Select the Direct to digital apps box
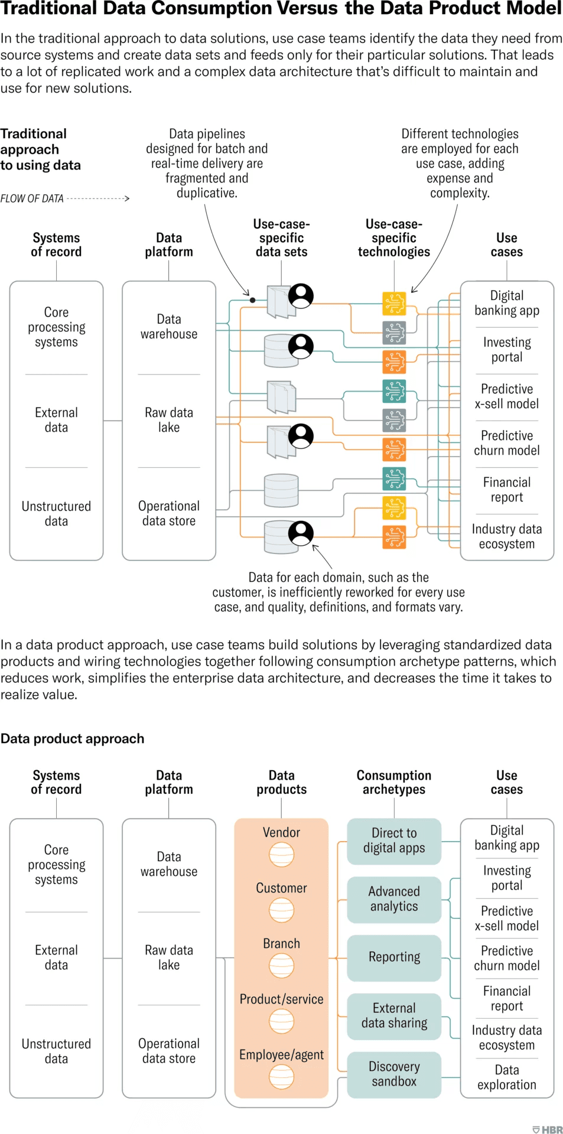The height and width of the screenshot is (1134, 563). [x=394, y=840]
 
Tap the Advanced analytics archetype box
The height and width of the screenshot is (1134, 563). [x=394, y=899]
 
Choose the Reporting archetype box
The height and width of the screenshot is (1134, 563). [x=394, y=957]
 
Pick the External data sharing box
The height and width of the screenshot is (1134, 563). [x=394, y=1016]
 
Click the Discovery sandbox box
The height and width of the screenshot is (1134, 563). [x=394, y=1074]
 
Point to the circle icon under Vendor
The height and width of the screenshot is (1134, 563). [x=281, y=854]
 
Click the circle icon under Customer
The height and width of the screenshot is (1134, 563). [x=281, y=910]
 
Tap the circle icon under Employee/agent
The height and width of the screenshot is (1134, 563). [x=281, y=1077]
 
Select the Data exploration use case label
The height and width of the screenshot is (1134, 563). [x=507, y=1077]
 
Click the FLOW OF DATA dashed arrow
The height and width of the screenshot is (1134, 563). [x=97, y=198]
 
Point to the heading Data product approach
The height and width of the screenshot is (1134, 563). [x=72, y=738]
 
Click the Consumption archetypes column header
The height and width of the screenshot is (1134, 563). [x=394, y=782]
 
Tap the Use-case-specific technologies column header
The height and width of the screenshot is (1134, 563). [x=394, y=238]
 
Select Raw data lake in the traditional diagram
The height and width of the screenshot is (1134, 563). [x=169, y=420]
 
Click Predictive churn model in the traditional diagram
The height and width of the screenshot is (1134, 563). [x=507, y=443]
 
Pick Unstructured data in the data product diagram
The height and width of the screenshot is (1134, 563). [x=56, y=1051]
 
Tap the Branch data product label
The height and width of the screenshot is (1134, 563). [x=281, y=944]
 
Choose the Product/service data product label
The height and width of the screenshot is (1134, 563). [x=281, y=999]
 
